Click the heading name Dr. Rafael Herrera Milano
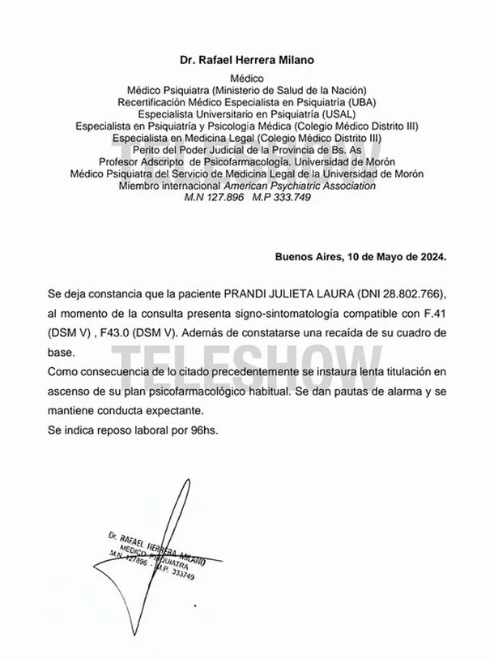click(246, 60)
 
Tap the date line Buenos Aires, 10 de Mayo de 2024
click(360, 258)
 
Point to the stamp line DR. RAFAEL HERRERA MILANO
click(154, 549)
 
